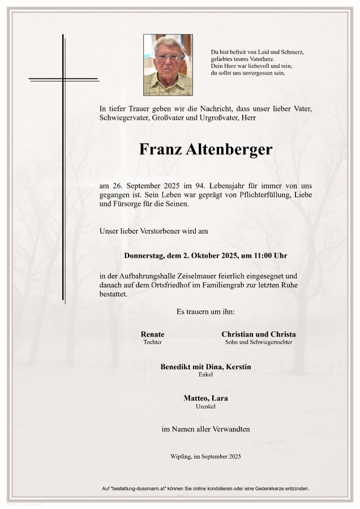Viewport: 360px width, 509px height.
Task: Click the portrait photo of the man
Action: pyautogui.click(x=168, y=64)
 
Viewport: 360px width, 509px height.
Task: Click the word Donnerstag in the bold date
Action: pyautogui.click(x=144, y=256)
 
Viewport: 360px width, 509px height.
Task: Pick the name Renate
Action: pyautogui.click(x=152, y=334)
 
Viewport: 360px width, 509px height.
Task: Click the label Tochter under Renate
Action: pyautogui.click(x=152, y=342)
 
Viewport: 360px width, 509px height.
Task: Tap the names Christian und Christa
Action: pyautogui.click(x=258, y=334)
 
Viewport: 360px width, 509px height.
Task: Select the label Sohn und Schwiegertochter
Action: pyautogui.click(x=258, y=342)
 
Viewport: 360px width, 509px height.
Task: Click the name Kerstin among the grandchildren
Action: pyautogui.click(x=238, y=367)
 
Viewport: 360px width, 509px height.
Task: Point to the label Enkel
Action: pyautogui.click(x=205, y=374)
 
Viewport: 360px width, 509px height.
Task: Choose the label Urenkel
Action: pyautogui.click(x=205, y=406)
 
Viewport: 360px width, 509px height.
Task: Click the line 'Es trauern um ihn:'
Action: pyautogui.click(x=205, y=312)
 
